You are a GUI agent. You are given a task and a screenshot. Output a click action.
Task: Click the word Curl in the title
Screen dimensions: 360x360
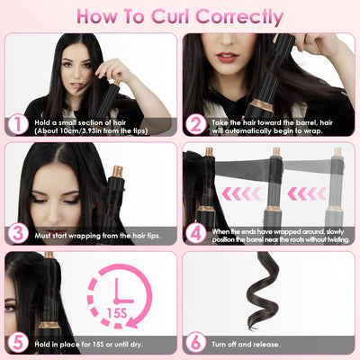[x=171, y=17]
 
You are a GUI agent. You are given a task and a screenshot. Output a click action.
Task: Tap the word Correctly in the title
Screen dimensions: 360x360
[x=239, y=18]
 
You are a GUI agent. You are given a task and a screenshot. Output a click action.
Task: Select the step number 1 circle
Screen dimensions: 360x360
[x=18, y=124]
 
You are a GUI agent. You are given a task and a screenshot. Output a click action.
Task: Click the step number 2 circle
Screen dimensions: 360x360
[x=195, y=124]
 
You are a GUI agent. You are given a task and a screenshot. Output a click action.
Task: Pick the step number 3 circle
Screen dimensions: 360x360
[x=18, y=234]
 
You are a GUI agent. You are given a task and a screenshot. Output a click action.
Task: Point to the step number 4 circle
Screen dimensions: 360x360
[x=195, y=234]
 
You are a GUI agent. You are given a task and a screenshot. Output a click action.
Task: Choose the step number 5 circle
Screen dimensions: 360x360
[x=18, y=343]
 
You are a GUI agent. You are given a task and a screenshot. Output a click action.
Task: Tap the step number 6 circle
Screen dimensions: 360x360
[x=195, y=343]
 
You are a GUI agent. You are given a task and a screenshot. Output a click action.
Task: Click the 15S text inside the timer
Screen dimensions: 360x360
[x=117, y=313]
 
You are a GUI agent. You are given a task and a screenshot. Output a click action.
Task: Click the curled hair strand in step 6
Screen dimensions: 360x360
[x=262, y=291]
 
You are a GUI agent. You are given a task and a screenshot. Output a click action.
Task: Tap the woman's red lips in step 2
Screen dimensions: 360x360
[x=227, y=57]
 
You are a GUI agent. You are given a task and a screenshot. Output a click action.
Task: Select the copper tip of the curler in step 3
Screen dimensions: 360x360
[x=118, y=171]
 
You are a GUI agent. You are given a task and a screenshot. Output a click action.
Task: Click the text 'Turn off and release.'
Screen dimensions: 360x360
[x=246, y=344]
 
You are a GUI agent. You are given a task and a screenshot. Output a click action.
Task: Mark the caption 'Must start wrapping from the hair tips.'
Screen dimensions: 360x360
[x=97, y=236]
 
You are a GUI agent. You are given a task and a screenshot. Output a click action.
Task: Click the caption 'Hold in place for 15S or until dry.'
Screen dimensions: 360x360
[x=88, y=344]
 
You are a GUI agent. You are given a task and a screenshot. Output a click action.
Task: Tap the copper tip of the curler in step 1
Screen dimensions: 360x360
[x=117, y=81]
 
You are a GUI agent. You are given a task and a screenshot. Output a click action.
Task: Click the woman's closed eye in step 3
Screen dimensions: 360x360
[x=70, y=201]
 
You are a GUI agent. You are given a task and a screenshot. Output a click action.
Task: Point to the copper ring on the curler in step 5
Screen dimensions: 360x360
[x=49, y=325]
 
